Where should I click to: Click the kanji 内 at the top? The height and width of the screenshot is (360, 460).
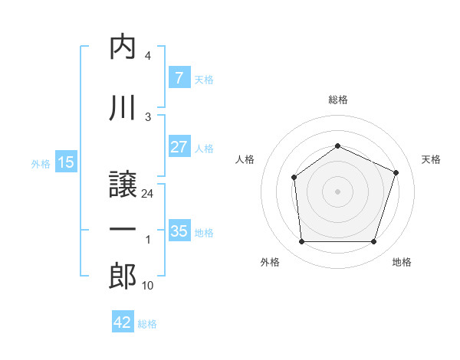point(123,47)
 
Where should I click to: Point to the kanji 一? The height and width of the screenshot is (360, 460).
point(123,229)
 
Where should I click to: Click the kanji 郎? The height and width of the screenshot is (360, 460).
point(123,275)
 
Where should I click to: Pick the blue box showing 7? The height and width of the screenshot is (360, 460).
point(179,77)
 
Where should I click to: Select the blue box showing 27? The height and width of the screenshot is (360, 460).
point(179,147)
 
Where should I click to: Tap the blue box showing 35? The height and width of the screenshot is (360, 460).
point(179,231)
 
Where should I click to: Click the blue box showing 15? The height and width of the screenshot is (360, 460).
point(66,162)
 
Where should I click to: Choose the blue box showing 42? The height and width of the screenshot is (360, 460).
point(123,322)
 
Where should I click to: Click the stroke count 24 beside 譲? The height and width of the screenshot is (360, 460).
point(148,194)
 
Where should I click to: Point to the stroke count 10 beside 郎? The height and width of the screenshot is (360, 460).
point(148,286)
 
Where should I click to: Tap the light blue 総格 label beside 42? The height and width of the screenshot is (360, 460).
point(147,324)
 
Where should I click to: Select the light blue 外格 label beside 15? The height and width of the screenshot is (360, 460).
point(41,163)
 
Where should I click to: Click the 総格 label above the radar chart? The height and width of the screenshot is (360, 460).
point(337,100)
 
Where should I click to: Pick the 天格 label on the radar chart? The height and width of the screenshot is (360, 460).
point(431,159)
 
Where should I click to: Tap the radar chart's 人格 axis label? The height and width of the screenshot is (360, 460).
point(245,159)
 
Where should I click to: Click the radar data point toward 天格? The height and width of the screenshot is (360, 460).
point(396,172)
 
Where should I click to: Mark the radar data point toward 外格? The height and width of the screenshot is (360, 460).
point(301,242)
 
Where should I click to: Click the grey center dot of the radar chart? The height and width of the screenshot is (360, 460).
point(337,191)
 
